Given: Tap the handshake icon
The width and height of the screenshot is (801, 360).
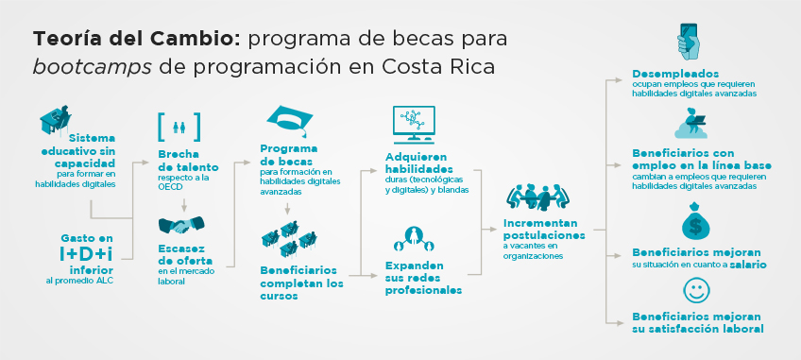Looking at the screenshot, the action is (x=181, y=225).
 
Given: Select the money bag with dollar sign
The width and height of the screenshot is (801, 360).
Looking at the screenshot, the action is (x=695, y=221).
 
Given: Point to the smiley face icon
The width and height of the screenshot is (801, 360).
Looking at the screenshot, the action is (x=696, y=290).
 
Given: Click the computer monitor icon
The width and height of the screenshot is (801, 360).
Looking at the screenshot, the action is (x=414, y=125).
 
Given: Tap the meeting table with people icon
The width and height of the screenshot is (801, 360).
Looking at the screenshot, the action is (x=537, y=197).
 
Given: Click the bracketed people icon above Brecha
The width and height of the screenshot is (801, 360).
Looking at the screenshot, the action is (x=179, y=127).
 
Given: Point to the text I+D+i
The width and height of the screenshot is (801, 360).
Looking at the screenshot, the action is (x=86, y=254).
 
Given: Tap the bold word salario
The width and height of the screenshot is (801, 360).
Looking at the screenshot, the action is (x=748, y=265).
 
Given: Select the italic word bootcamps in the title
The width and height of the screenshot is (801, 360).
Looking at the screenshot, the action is (x=93, y=67).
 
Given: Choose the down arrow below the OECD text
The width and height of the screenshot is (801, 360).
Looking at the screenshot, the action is (x=184, y=204).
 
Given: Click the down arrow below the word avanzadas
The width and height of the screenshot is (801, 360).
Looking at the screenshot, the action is (x=287, y=208).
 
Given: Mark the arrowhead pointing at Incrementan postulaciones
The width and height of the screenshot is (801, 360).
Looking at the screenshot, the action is (x=493, y=231).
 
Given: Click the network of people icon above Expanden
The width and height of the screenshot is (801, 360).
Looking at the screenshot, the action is (x=414, y=239).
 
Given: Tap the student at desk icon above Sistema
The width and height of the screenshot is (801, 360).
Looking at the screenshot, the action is (x=56, y=120).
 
